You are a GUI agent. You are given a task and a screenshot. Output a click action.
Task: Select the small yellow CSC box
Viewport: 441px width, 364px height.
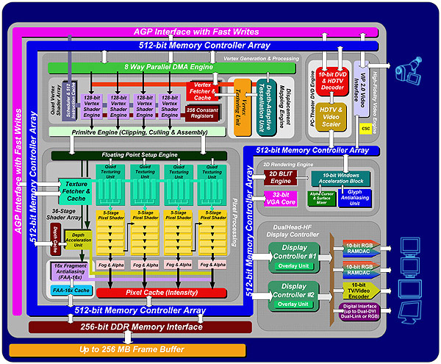tap(365, 128)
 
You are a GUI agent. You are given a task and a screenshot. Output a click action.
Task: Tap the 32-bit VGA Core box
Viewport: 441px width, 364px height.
tap(276, 198)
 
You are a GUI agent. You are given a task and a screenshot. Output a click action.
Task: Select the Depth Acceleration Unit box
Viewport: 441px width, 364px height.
tap(82, 240)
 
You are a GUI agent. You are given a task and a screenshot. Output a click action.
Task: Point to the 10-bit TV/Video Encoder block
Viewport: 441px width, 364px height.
tap(358, 290)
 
